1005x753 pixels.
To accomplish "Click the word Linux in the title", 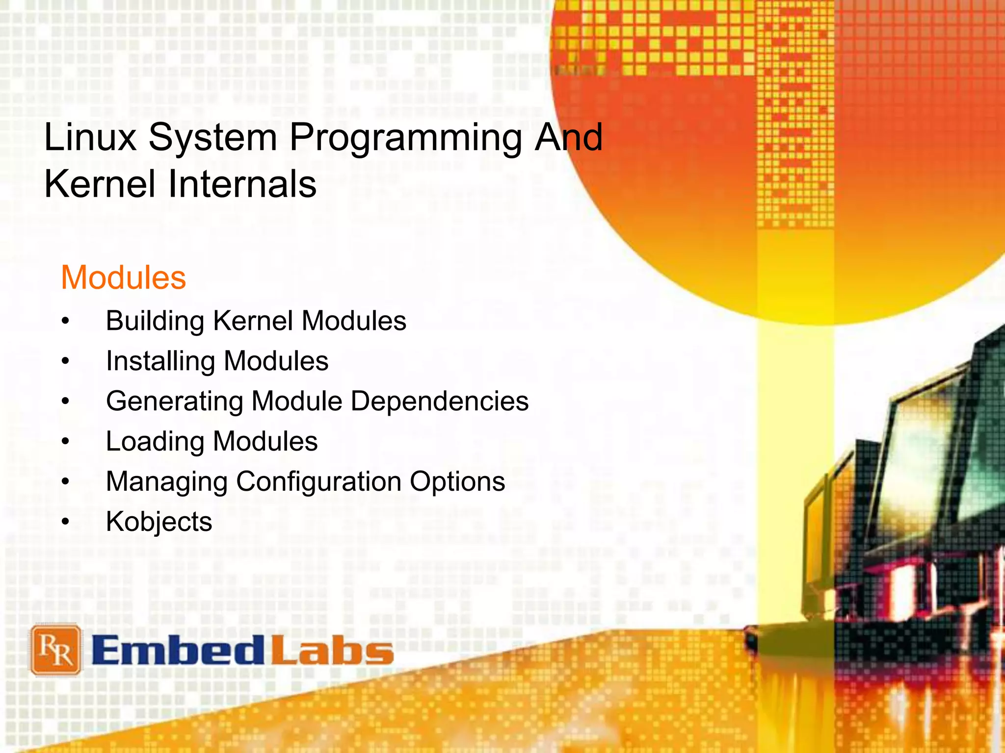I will (90, 137).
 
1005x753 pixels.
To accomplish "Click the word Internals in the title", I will (242, 184).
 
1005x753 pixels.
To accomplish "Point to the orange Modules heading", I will (123, 277).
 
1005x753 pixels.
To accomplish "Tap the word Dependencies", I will (440, 401).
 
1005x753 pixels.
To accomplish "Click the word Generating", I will (175, 402).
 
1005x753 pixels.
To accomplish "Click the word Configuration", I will (318, 482).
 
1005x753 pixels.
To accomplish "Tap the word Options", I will (457, 482).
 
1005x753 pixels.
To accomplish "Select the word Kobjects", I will (159, 522).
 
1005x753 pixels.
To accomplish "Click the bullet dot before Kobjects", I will (66, 522).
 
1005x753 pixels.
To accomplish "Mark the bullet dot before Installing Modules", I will (66, 362).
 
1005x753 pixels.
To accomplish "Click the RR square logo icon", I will (56, 650).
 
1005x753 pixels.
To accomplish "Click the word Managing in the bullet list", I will (167, 482).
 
